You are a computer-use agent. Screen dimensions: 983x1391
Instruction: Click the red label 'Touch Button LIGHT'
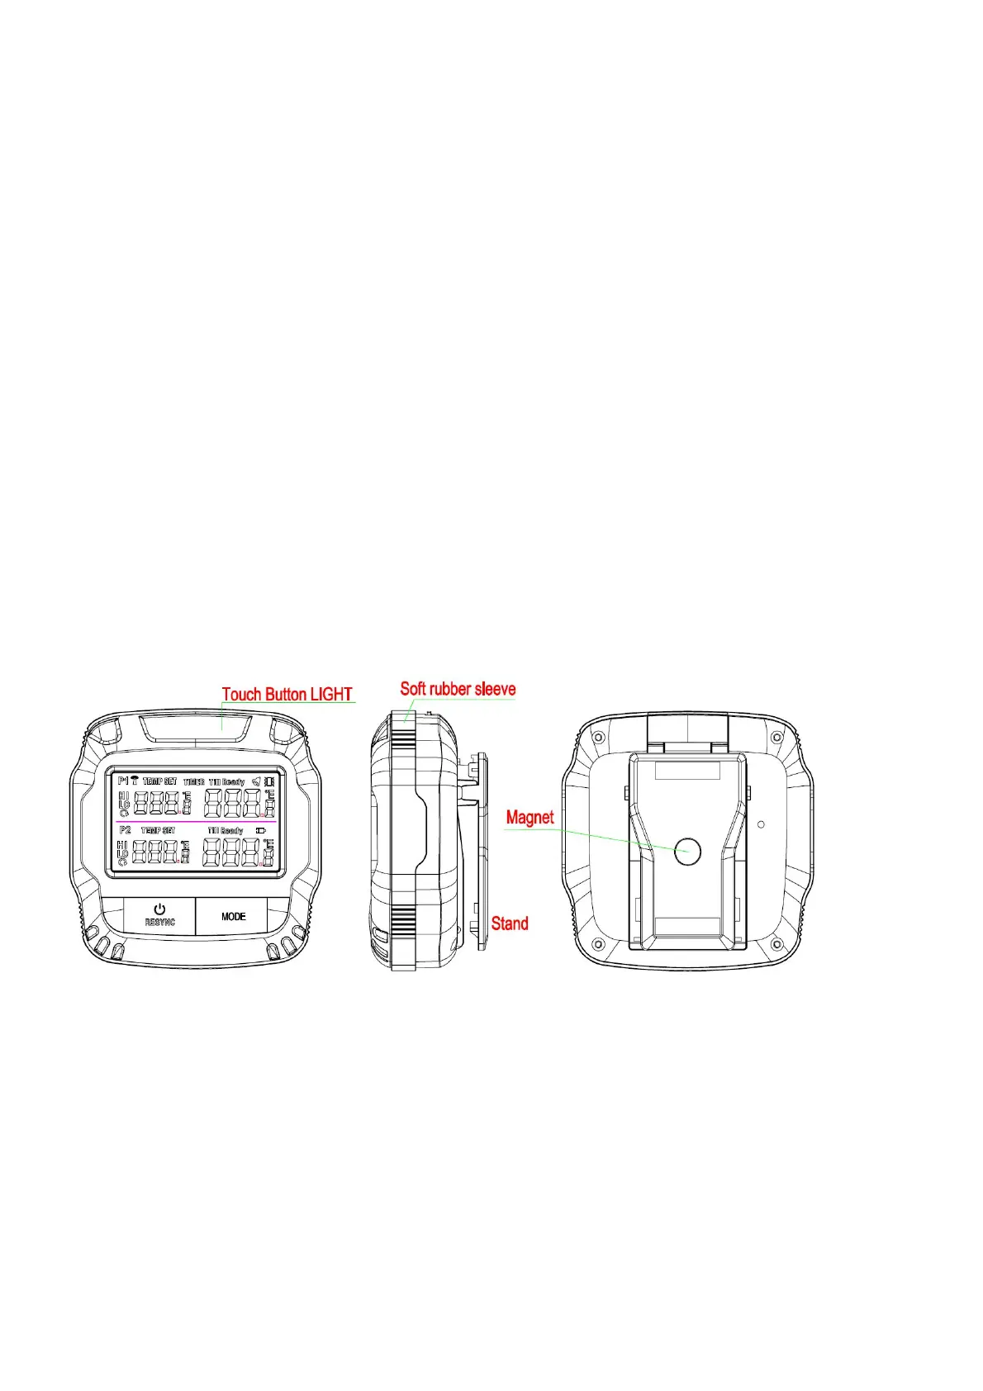(287, 695)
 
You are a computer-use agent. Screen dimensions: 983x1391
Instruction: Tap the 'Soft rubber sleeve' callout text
(458, 689)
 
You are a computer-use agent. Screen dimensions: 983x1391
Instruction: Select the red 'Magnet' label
(529, 818)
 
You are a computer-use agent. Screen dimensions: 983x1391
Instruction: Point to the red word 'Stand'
(510, 923)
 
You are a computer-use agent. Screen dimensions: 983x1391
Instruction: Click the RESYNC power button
(159, 916)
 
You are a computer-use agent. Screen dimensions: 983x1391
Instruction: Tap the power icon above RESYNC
(159, 909)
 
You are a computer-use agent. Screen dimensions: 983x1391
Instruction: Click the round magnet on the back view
(687, 851)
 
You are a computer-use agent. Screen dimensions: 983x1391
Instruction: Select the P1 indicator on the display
(123, 781)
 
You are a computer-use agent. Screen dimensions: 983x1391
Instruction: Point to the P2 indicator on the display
(125, 829)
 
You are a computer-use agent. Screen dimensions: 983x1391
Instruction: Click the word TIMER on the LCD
(194, 781)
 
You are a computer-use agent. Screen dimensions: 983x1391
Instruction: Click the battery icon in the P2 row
(261, 830)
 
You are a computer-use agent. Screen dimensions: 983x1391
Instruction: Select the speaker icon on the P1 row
(256, 781)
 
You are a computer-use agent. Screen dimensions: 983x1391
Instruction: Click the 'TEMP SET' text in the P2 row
(158, 830)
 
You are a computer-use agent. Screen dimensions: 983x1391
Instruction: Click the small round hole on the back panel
(761, 824)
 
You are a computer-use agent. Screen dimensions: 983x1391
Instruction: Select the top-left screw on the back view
(600, 737)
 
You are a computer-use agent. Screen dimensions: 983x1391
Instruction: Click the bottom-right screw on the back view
(776, 943)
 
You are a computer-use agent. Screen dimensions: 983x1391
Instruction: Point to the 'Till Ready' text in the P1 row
(226, 781)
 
